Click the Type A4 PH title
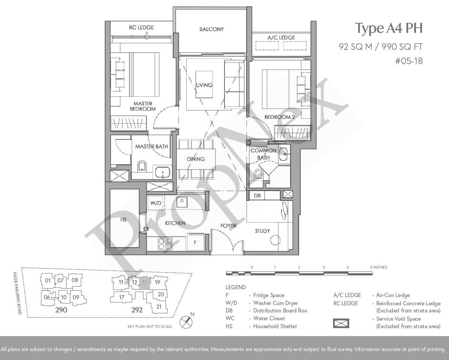tap(389, 28)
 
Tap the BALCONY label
tap(212, 29)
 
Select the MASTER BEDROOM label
tap(142, 106)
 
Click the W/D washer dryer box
tap(156, 203)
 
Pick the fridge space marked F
tap(195, 242)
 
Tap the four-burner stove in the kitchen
tap(165, 244)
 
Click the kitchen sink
tap(182, 202)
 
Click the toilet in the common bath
tap(259, 174)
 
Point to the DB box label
tap(257, 196)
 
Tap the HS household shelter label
tap(123, 220)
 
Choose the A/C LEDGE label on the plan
tap(281, 37)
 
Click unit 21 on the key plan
tap(159, 307)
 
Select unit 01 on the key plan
tap(48, 281)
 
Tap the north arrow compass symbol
tap(186, 321)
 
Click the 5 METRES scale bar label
tap(379, 267)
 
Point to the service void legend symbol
tap(341, 323)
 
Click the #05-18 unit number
tap(409, 61)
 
